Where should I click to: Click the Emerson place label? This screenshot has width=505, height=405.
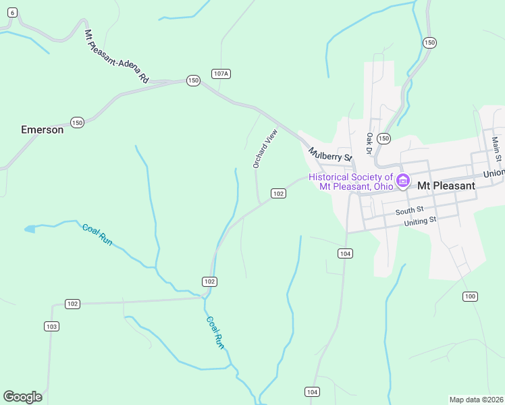[43, 130]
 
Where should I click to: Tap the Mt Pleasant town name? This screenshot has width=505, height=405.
[446, 185]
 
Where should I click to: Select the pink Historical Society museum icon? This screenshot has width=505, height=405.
[403, 181]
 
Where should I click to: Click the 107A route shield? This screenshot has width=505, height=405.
[221, 73]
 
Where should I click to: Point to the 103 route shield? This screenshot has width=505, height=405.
[51, 326]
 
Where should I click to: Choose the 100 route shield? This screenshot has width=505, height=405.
[470, 296]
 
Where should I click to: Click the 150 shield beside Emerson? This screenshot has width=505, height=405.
[77, 122]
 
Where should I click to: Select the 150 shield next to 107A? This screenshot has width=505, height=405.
[193, 80]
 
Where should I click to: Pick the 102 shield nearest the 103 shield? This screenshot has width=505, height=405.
[72, 304]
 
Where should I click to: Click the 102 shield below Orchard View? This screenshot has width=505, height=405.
[278, 193]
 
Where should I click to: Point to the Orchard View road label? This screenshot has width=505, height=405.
[265, 148]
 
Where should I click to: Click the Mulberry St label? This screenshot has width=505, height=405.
[331, 155]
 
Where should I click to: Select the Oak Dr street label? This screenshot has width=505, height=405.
[369, 143]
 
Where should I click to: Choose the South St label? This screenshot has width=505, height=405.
[409, 211]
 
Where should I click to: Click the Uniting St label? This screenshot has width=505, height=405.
[420, 221]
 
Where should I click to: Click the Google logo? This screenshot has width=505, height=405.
[22, 397]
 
